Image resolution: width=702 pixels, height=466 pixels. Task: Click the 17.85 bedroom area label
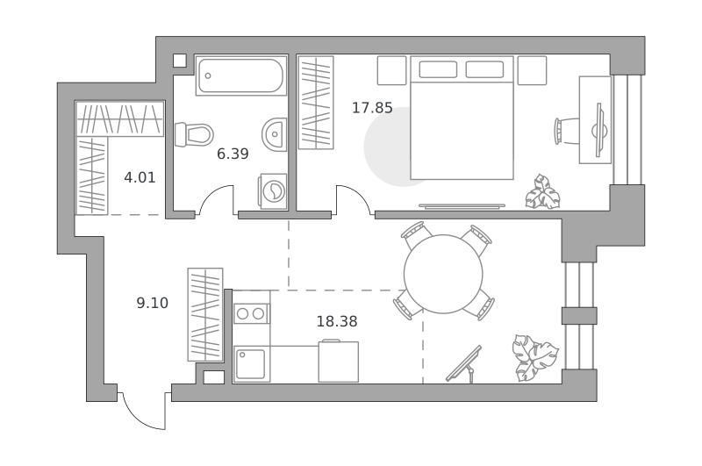[x=372, y=108]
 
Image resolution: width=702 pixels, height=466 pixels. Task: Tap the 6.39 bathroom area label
[x=233, y=154]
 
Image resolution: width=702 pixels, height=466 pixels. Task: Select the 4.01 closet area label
[x=140, y=178]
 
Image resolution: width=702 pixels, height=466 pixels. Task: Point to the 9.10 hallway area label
[x=152, y=303]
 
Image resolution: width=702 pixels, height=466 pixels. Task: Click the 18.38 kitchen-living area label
[x=337, y=321]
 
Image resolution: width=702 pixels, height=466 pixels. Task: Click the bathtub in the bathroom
[x=240, y=75]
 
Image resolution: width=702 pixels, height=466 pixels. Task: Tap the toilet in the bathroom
[x=194, y=135]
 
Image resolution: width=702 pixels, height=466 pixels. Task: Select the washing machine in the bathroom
[x=272, y=191]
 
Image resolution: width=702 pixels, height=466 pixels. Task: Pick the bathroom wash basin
[x=274, y=134]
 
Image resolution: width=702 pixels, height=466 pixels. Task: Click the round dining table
[x=443, y=274]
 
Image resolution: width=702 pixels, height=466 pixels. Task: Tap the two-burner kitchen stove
[x=252, y=313]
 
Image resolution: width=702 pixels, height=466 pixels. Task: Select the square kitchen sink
[x=252, y=364]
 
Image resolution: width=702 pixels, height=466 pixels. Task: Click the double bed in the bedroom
[x=462, y=118]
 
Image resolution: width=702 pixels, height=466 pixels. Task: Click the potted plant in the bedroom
[x=542, y=192]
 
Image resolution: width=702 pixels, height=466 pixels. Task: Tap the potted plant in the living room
[x=535, y=358]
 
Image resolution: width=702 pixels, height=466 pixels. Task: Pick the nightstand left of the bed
[x=391, y=70]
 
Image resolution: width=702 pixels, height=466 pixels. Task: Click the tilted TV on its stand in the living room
[x=464, y=364]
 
